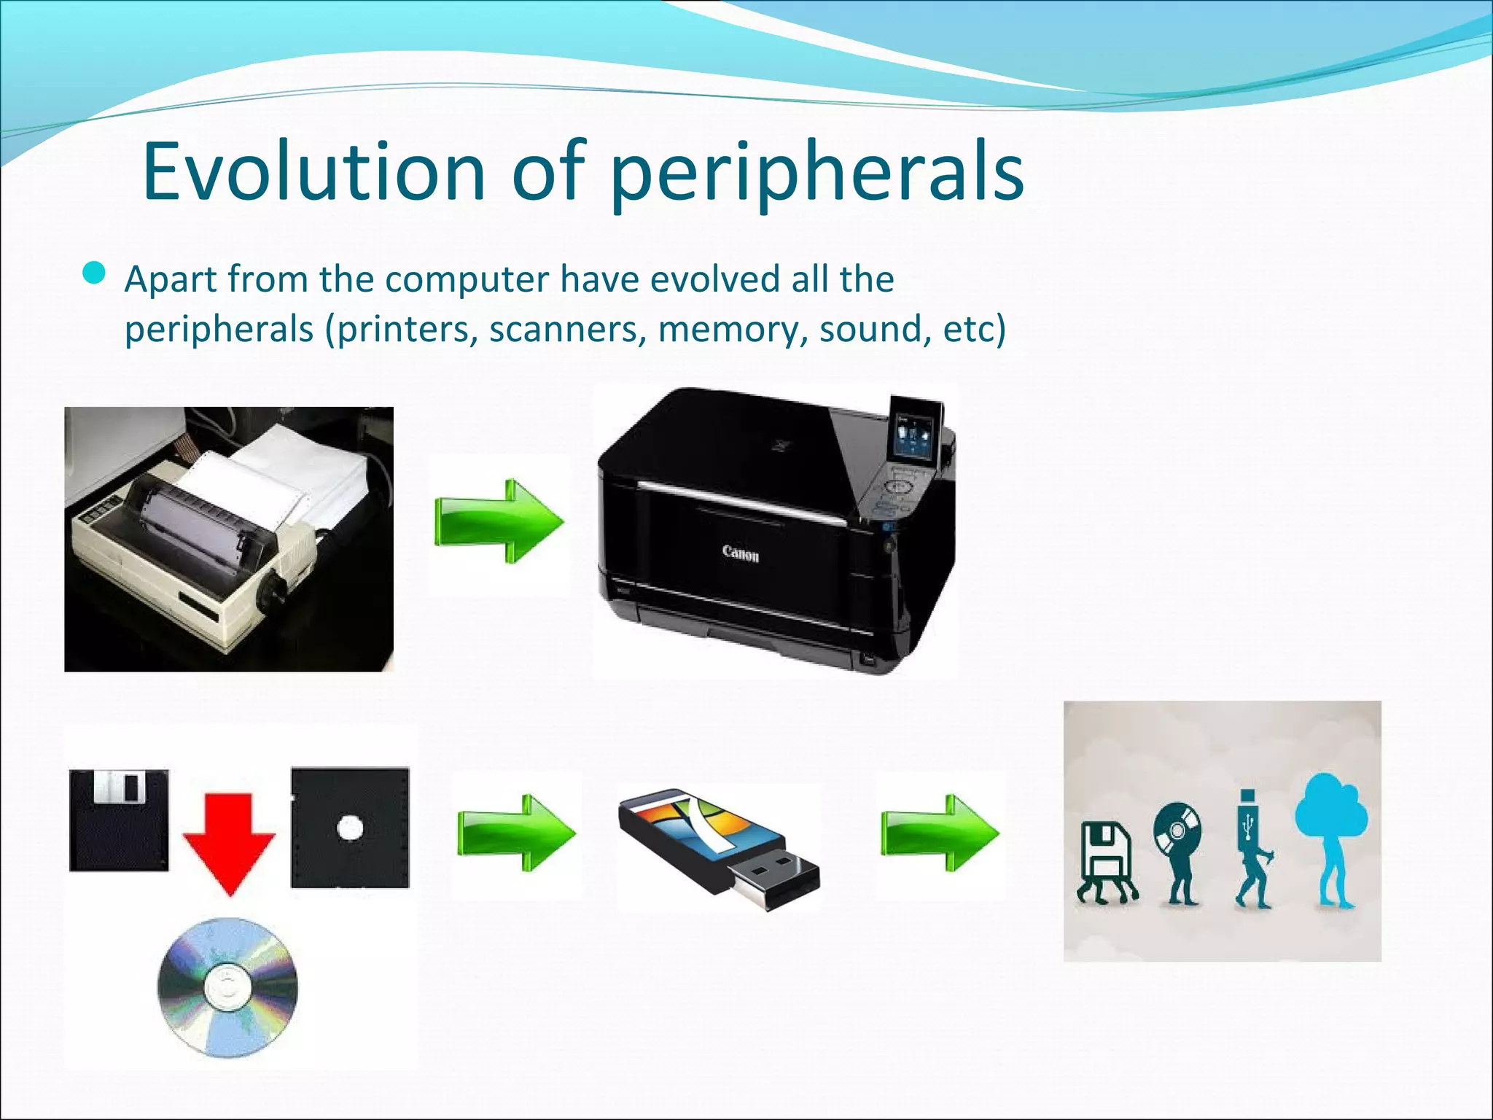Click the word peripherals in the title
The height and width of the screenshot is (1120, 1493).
coord(816,175)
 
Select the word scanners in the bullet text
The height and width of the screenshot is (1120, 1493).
coord(567,329)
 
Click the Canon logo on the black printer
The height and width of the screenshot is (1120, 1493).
coord(741,553)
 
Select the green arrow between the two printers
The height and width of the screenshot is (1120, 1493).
coord(499,521)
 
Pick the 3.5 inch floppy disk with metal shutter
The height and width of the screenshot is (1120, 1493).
coord(119,820)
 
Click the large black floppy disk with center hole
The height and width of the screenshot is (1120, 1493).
coord(350,828)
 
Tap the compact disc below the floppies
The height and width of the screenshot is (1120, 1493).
coord(227,987)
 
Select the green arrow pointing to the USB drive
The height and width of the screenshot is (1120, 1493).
coord(516,833)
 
